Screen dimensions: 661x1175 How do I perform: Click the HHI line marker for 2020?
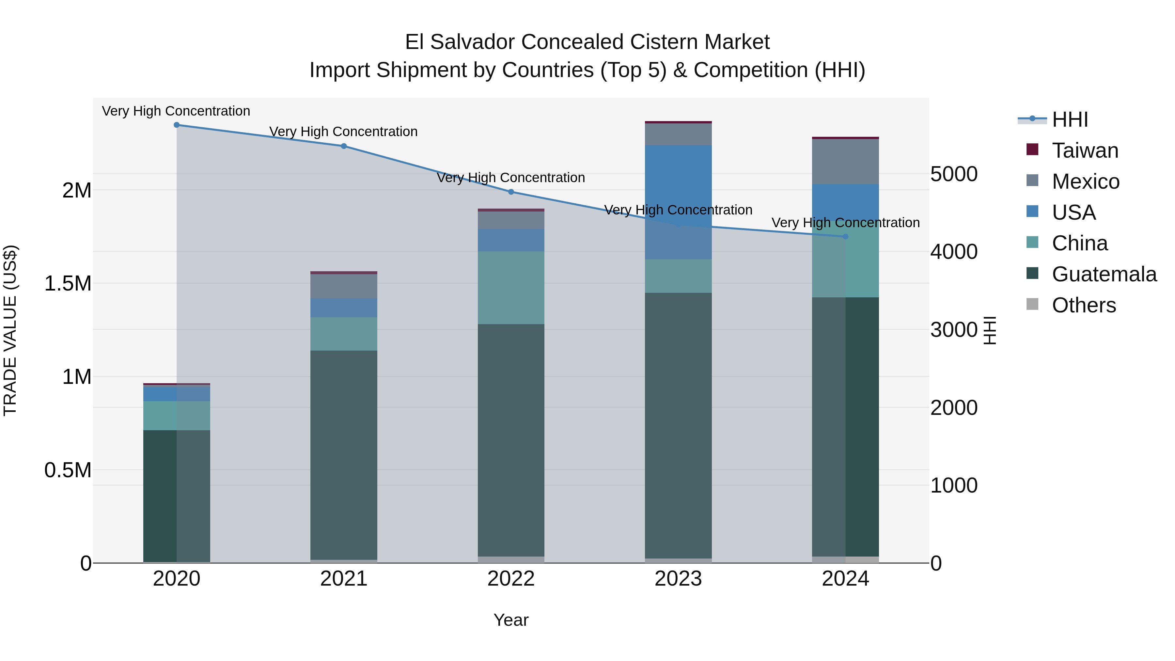point(177,125)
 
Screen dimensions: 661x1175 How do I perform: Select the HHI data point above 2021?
point(344,146)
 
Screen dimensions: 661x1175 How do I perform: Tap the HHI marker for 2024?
point(845,237)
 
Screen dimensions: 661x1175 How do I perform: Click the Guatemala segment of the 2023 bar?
point(678,424)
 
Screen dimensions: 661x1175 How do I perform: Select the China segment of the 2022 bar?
point(511,287)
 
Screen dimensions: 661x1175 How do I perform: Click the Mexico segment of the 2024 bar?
point(845,162)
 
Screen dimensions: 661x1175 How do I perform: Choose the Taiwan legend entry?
point(1085,150)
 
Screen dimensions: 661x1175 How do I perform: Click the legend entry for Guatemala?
point(1104,274)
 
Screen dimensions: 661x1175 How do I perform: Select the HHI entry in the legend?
point(1070,119)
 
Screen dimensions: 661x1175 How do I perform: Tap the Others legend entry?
point(1084,305)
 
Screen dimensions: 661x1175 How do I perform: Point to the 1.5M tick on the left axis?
point(68,284)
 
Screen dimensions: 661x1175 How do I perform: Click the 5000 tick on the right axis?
point(954,174)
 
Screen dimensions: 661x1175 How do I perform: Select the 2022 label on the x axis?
point(511,579)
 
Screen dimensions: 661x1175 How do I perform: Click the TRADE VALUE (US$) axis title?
point(10,330)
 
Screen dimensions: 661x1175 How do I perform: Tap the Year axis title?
point(511,620)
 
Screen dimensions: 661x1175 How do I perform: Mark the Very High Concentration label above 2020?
point(176,111)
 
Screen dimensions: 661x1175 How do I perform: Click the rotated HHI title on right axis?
point(989,330)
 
